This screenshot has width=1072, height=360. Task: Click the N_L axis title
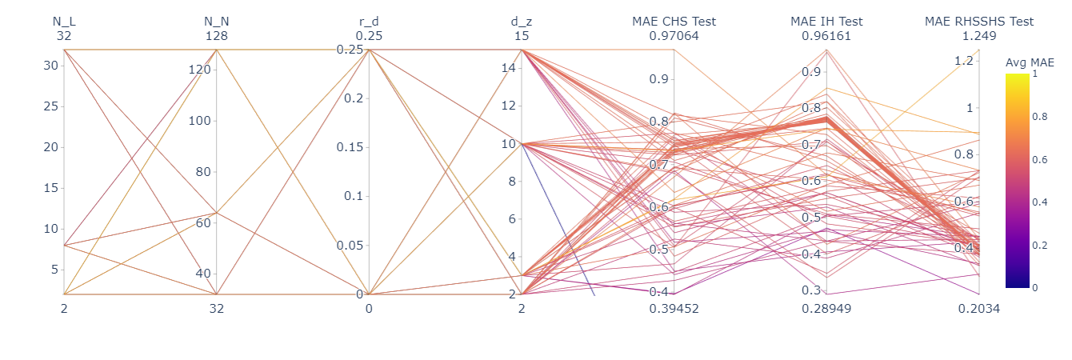tap(64, 22)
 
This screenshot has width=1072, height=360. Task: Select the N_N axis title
tap(217, 22)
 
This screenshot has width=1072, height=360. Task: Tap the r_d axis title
tap(369, 22)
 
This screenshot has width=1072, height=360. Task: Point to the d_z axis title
tap(522, 22)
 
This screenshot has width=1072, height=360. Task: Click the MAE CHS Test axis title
tap(674, 22)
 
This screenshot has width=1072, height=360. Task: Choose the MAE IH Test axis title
tap(826, 22)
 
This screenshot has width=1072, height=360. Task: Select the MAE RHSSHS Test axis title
tap(979, 22)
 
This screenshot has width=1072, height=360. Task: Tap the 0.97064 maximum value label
tap(674, 36)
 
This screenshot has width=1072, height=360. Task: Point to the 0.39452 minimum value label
tap(674, 308)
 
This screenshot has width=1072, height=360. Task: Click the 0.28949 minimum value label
tap(826, 308)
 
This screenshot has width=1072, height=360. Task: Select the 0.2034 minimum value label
tap(979, 308)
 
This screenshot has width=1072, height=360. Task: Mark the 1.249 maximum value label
tap(979, 36)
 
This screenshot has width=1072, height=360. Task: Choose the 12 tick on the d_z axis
tap(510, 106)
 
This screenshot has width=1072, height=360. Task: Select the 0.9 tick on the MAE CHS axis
tap(658, 79)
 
